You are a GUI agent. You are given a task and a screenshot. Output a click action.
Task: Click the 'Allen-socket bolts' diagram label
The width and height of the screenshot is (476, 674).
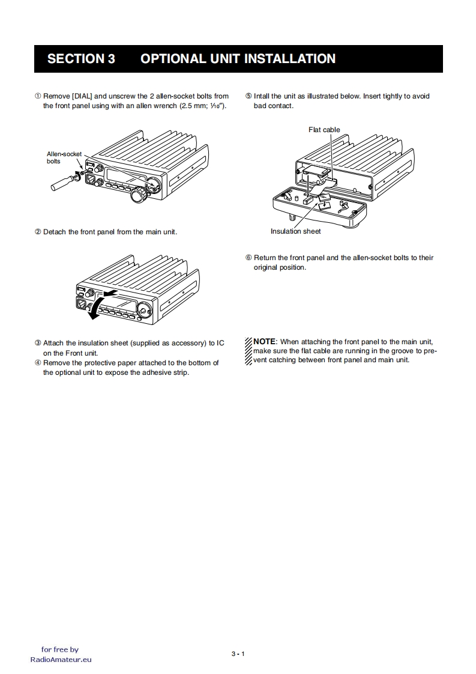point(64,157)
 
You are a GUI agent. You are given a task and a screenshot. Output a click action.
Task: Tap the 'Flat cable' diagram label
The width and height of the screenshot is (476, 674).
point(324,130)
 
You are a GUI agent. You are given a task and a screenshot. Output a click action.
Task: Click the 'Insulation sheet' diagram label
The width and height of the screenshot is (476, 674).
point(295,231)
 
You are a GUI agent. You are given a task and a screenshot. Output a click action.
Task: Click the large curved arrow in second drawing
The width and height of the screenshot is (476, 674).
point(95,306)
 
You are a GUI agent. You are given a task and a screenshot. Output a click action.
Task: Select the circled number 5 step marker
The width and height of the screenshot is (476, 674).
point(249,96)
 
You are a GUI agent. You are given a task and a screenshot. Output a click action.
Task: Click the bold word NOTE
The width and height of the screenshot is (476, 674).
point(265,341)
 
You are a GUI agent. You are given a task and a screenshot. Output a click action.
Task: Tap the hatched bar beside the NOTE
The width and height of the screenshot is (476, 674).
point(249,351)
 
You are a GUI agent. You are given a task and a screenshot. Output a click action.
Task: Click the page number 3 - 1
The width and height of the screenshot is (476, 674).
point(238,654)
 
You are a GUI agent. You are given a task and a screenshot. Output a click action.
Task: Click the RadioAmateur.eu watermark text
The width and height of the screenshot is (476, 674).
point(61,659)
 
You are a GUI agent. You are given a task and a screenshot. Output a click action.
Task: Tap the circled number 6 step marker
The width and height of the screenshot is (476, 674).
point(249,258)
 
